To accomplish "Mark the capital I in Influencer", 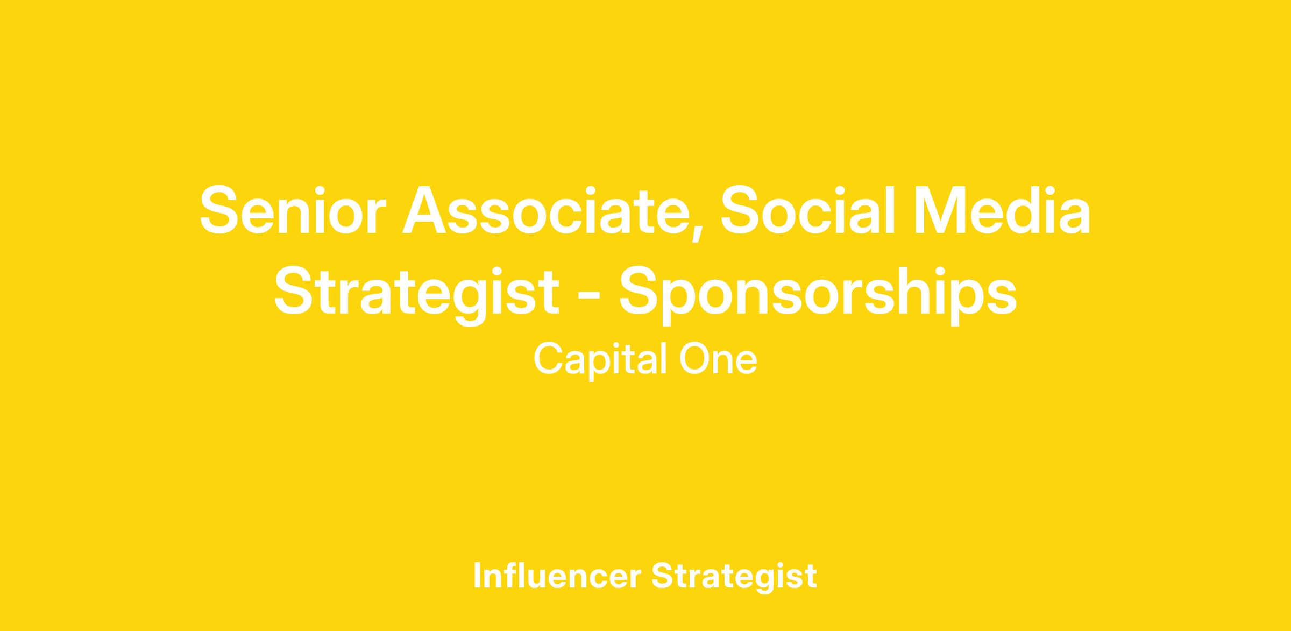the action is coord(477,576).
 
